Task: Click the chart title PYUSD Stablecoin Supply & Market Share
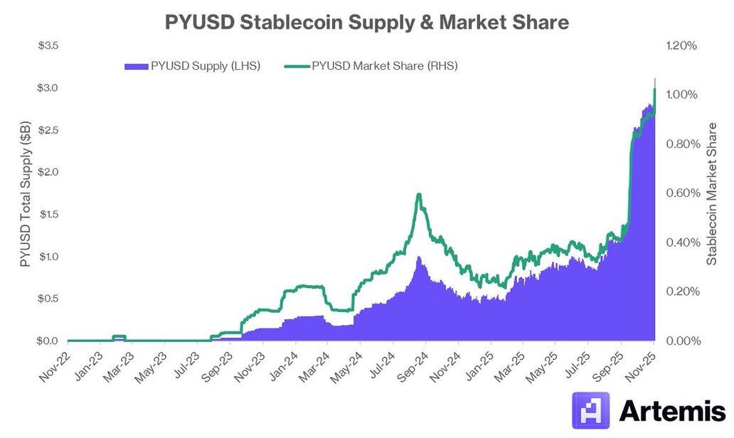coord(366,22)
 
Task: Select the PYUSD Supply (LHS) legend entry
coord(193,66)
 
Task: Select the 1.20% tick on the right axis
coord(681,46)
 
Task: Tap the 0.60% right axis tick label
coord(681,193)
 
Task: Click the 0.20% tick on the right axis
coord(681,292)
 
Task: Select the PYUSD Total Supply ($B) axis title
coord(26,193)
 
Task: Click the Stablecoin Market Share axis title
coord(712,193)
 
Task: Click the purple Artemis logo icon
coord(590,411)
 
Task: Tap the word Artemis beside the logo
coord(671,412)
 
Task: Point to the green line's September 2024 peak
coord(420,195)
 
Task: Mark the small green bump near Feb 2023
coord(119,336)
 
